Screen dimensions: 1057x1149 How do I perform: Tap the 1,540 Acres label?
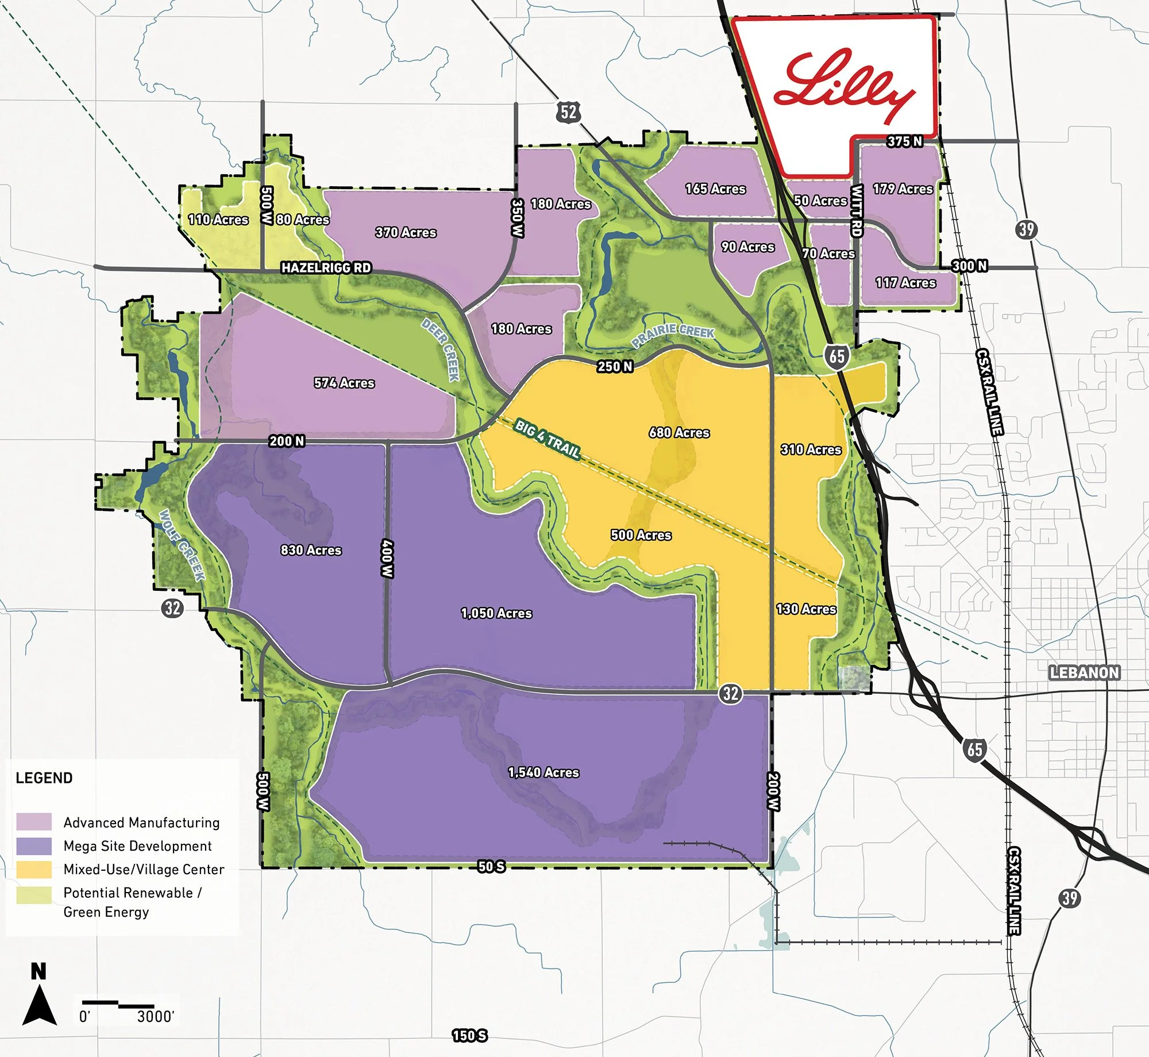coord(543,772)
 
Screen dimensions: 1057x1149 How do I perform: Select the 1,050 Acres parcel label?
coord(496,613)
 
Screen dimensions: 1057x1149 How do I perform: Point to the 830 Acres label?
coord(311,550)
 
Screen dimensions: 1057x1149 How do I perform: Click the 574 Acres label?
coord(344,383)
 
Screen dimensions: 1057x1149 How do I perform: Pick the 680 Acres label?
coord(679,432)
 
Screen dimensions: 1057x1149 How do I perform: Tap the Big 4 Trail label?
coord(547,438)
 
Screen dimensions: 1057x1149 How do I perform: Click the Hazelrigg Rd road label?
coord(326,268)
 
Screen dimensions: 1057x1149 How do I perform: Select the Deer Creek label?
coord(441,349)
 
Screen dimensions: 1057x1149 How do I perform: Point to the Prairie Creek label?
coord(673,335)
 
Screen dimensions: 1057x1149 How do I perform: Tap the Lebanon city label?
coord(1084,672)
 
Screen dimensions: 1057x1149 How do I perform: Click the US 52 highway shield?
coord(568,112)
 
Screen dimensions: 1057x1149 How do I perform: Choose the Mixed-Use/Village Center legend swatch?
coord(34,869)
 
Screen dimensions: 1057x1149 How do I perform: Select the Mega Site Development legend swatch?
coord(34,846)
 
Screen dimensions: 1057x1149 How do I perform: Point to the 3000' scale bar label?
coord(155,1017)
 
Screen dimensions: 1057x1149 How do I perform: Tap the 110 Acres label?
coord(218,220)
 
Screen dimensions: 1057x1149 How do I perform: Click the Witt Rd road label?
coord(856,211)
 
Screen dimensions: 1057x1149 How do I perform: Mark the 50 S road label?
coord(491,866)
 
